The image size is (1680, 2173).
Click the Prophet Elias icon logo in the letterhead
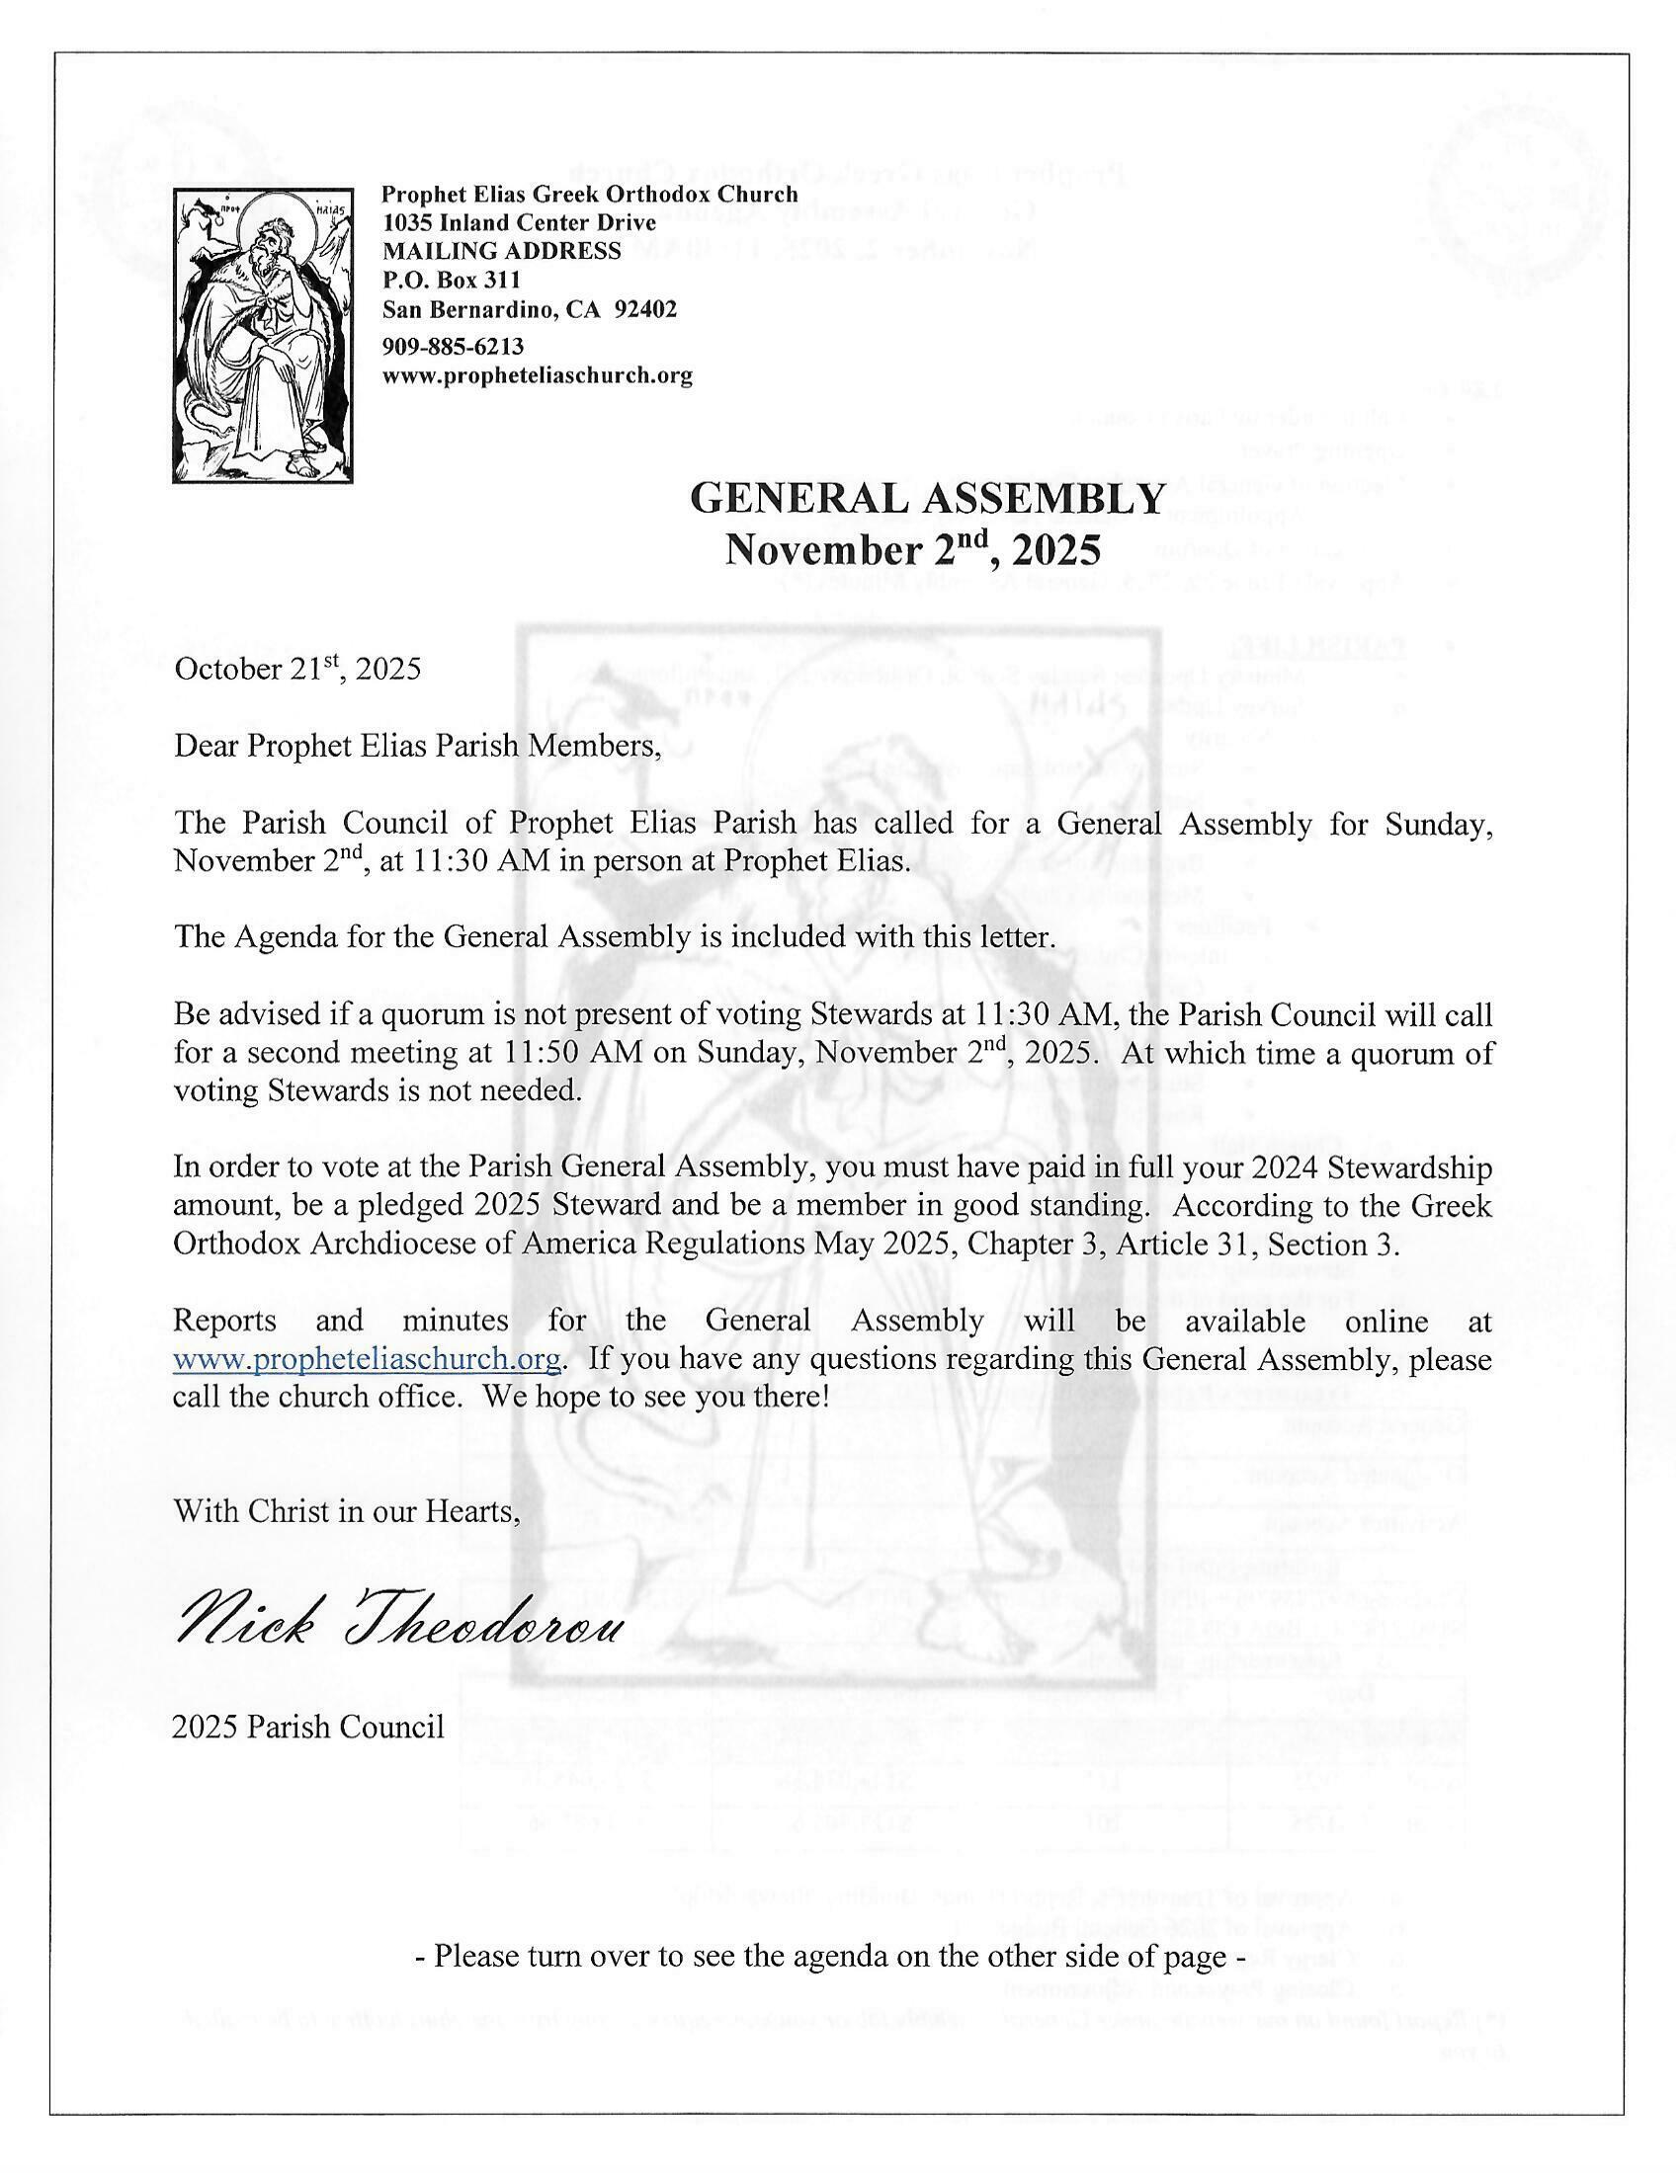(x=266, y=336)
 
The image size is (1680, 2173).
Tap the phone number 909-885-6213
(x=453, y=347)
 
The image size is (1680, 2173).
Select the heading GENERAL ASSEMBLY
(x=926, y=500)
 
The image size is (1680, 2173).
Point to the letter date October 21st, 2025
(x=297, y=668)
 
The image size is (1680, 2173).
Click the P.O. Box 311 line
(x=451, y=281)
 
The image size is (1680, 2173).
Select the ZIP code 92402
(x=646, y=309)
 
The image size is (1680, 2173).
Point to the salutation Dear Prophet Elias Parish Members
(x=418, y=746)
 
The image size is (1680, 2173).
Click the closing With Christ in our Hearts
(x=347, y=1510)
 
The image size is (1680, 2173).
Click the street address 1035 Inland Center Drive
(x=519, y=223)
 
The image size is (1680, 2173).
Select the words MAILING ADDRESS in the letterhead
(x=502, y=252)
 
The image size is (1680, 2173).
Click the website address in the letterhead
(x=538, y=376)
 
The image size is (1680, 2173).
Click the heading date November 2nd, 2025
(x=913, y=548)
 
